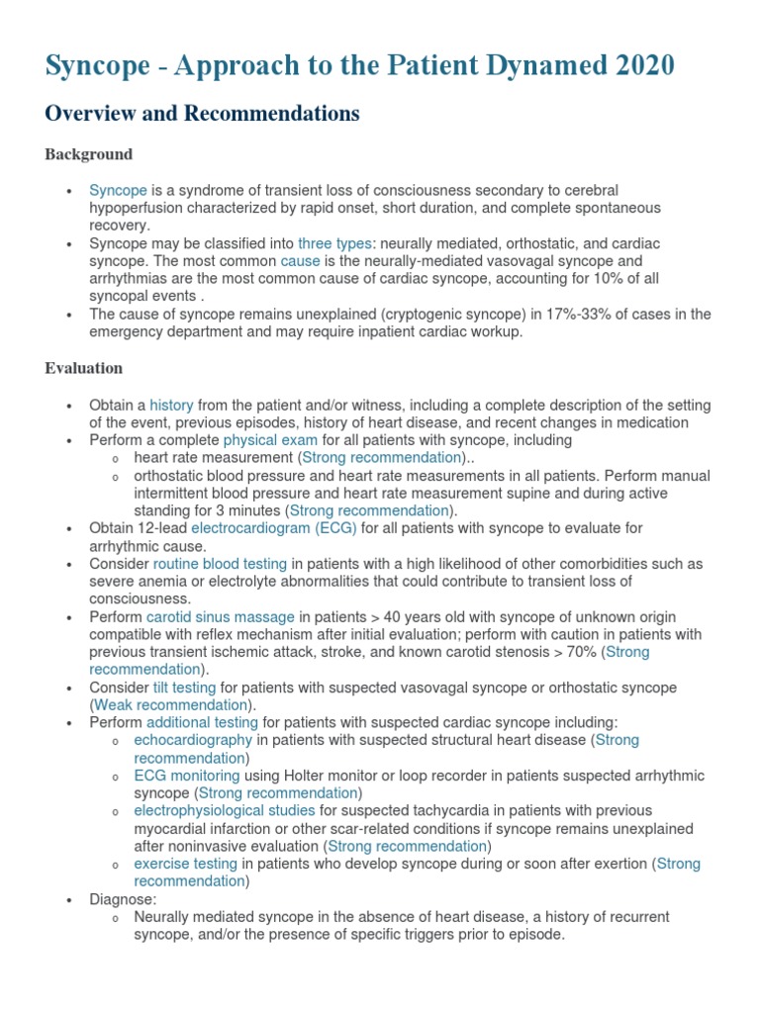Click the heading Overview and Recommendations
pyautogui.click(x=202, y=114)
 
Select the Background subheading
pyautogui.click(x=88, y=154)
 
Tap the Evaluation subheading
pyautogui.click(x=83, y=368)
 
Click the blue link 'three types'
pyautogui.click(x=335, y=243)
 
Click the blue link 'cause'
pyautogui.click(x=300, y=261)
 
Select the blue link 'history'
pyautogui.click(x=171, y=405)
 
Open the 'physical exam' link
pyautogui.click(x=270, y=440)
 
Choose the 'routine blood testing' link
pyautogui.click(x=220, y=564)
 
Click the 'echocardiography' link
pyautogui.click(x=194, y=740)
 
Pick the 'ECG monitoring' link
pyautogui.click(x=187, y=776)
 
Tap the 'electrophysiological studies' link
pyautogui.click(x=224, y=810)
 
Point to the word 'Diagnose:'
pyautogui.click(x=123, y=899)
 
